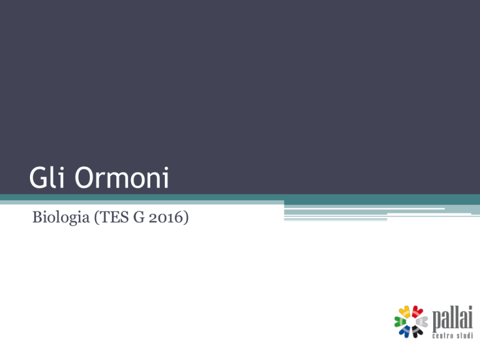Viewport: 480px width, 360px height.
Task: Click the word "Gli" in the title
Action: [46, 177]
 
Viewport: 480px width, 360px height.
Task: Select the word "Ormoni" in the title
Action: [122, 177]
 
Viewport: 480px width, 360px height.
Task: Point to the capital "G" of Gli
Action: [37, 177]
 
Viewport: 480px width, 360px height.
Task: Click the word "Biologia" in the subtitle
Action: [61, 217]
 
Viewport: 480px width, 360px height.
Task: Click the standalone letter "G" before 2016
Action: [139, 217]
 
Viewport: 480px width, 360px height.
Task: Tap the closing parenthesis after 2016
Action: [186, 217]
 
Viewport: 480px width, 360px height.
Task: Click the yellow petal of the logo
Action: [405, 311]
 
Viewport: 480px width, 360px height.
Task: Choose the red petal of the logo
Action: [417, 311]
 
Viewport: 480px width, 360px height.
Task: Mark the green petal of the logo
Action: [400, 321]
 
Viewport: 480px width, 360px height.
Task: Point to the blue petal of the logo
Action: [405, 331]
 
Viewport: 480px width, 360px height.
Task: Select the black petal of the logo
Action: [417, 331]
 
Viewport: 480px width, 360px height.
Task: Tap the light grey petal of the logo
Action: [422, 321]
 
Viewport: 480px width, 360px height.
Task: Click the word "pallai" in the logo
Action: [452, 318]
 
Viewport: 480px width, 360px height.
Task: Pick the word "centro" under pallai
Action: [442, 336]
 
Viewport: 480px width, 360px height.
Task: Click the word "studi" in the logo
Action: [465, 336]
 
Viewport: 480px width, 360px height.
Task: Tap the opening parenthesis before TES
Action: [96, 217]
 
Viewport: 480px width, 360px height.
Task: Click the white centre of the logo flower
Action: [411, 322]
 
